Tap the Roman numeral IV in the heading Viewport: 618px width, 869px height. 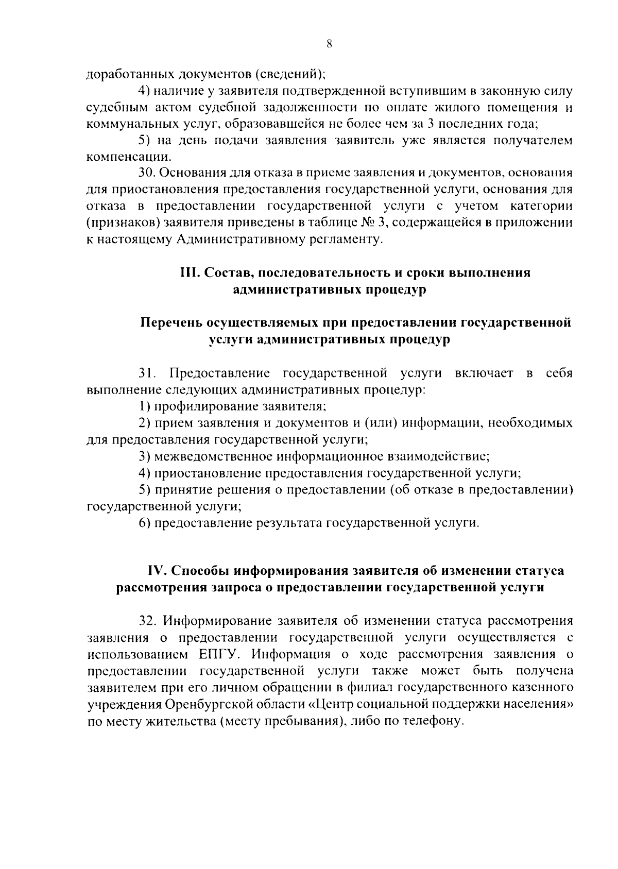[x=156, y=571]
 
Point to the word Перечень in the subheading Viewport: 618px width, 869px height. [x=170, y=323]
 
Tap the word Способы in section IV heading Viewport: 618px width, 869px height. [x=200, y=571]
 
